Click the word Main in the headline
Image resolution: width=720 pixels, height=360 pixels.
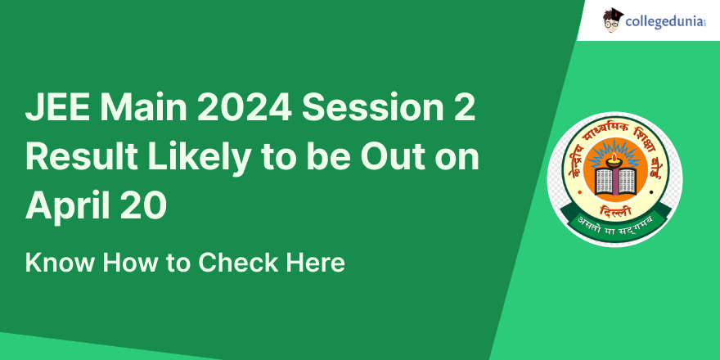tap(142, 108)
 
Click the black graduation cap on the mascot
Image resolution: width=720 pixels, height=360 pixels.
tap(614, 14)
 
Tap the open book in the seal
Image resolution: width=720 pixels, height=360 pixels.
tap(615, 181)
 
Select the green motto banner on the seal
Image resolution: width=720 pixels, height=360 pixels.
tap(615, 223)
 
